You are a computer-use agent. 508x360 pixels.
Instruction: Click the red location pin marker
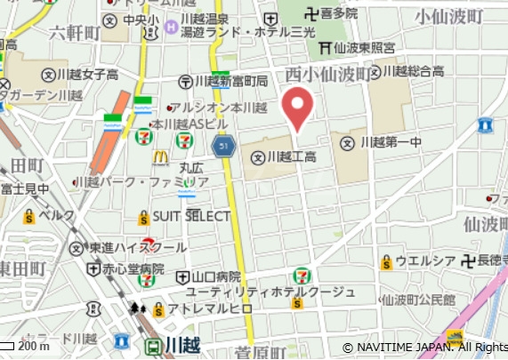coord(297,108)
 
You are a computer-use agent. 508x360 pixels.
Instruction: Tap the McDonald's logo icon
coord(160,157)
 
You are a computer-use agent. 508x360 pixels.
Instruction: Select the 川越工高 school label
coord(285,158)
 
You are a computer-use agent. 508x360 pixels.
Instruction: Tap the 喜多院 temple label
coord(338,13)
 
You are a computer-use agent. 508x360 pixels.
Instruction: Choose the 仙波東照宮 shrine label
coord(359,46)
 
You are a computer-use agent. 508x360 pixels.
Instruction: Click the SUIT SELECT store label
coord(190,216)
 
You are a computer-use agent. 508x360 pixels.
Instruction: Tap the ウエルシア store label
coord(417,261)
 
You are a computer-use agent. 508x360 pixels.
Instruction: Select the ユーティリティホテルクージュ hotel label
coord(270,292)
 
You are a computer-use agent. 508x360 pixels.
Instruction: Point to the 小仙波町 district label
coord(448,17)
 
